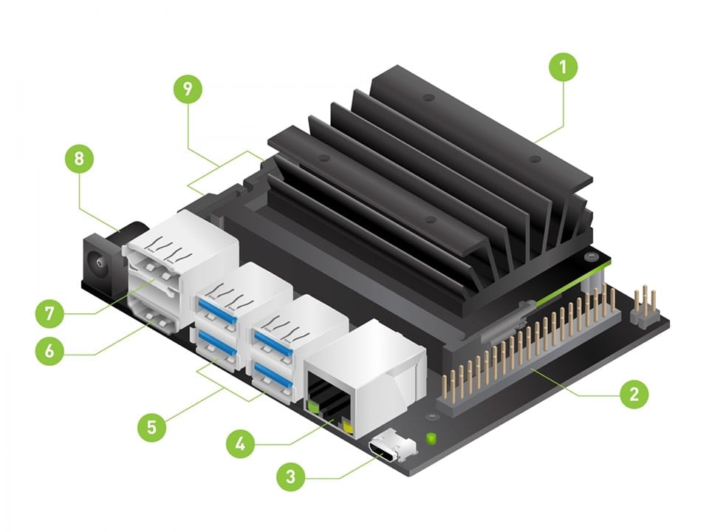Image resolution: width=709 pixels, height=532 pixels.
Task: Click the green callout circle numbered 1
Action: (563, 69)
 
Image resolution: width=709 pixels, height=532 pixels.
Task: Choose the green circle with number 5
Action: (151, 427)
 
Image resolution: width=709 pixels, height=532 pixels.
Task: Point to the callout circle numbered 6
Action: (49, 349)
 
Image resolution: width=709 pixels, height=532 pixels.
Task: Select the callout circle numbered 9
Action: (188, 89)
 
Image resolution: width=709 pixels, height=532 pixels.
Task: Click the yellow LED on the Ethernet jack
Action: (347, 426)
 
